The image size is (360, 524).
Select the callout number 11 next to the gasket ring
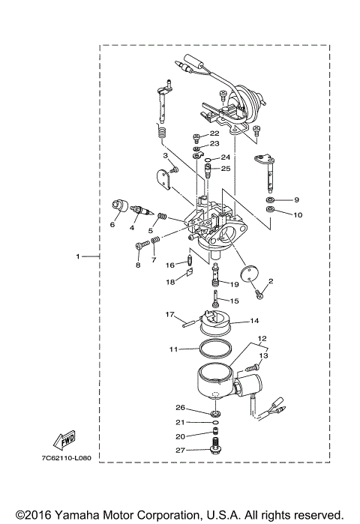172,349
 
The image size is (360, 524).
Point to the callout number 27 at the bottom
180,451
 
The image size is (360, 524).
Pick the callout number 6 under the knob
112,224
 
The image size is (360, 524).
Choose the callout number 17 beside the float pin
170,314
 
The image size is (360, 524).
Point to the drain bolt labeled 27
215,451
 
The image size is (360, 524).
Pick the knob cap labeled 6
118,206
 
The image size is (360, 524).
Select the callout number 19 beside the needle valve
233,285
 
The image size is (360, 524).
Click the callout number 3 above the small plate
164,156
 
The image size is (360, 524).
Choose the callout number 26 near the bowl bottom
179,409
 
